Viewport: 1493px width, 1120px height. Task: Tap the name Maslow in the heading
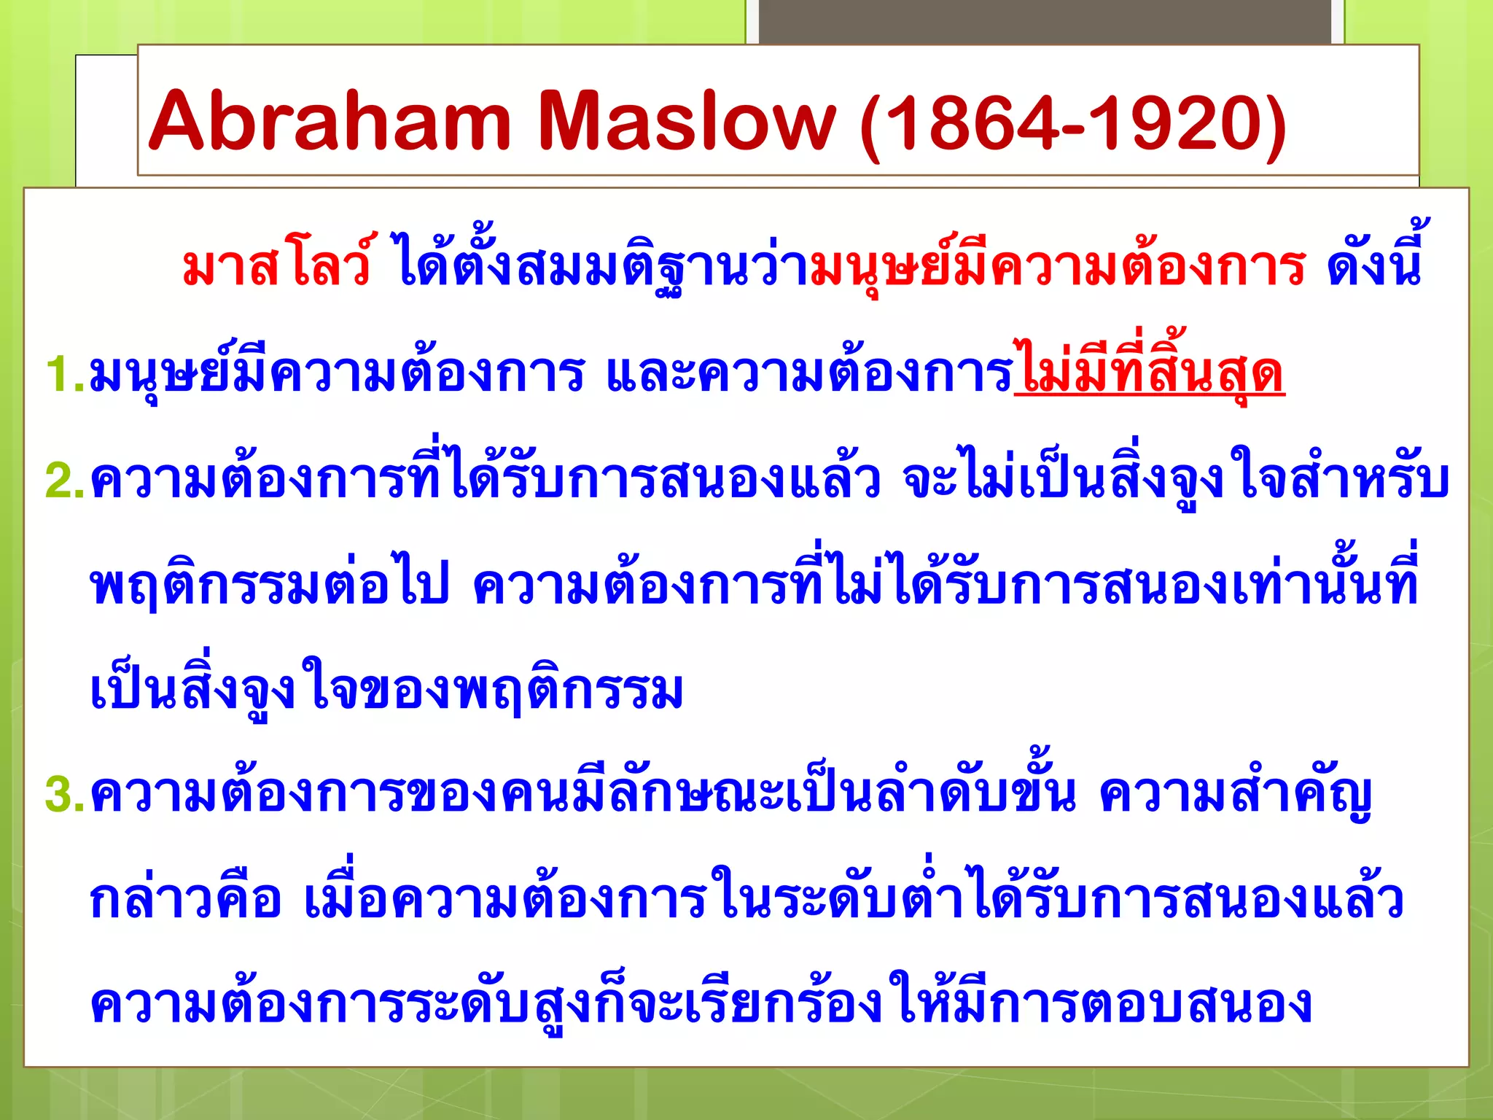[x=686, y=121]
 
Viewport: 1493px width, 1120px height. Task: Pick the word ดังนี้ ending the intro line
[x=1373, y=264]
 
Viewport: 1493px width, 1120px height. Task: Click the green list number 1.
[x=62, y=375]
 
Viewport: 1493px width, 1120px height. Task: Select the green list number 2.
[x=63, y=481]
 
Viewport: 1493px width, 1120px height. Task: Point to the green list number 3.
[x=63, y=795]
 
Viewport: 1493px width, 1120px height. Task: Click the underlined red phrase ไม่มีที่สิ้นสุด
[x=1149, y=373]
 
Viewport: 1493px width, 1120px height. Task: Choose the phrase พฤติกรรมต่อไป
[x=270, y=587]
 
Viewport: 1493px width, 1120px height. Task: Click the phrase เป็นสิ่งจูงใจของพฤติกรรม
[x=386, y=691]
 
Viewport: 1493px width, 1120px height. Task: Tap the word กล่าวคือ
[x=185, y=900]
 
